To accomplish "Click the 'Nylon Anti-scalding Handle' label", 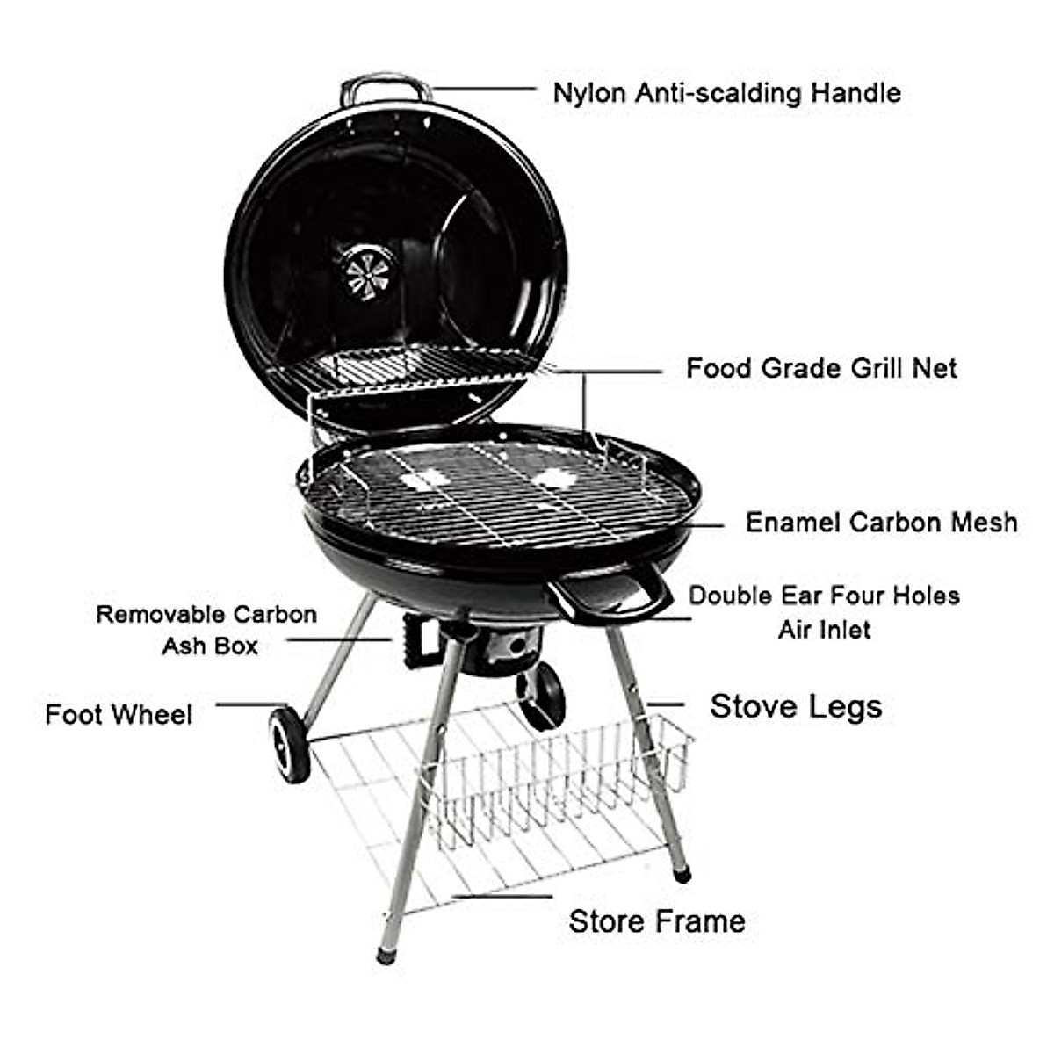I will pyautogui.click(x=726, y=93).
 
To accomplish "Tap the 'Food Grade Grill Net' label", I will pyautogui.click(x=821, y=368).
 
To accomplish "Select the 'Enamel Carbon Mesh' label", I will pyautogui.click(x=881, y=523).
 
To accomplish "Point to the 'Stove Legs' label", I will pyautogui.click(x=796, y=706).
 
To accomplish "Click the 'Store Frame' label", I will pyautogui.click(x=657, y=921).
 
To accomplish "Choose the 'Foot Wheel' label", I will pyautogui.click(x=119, y=714).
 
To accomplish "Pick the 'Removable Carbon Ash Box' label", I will pyautogui.click(x=207, y=630).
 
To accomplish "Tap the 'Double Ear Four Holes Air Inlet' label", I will pyautogui.click(x=824, y=612).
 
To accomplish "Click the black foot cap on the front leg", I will pyautogui.click(x=386, y=953).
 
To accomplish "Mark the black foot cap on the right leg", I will pyautogui.click(x=682, y=874).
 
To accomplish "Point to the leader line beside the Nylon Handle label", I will pyautogui.click(x=483, y=89).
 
